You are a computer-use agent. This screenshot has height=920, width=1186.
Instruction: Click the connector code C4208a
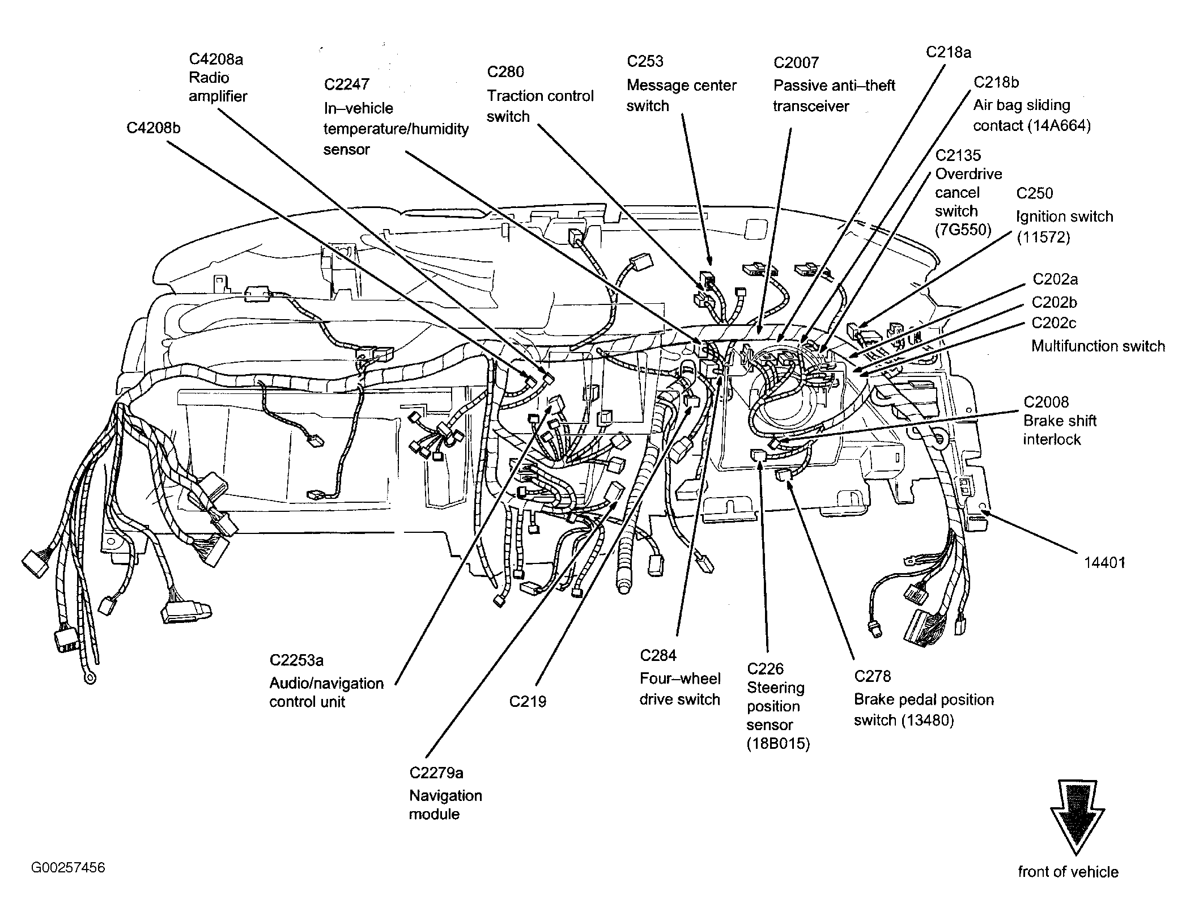point(216,60)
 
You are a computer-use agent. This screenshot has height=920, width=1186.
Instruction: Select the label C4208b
point(153,128)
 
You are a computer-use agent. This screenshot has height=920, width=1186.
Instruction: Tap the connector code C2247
point(346,84)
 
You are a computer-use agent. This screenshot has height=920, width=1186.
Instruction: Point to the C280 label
point(505,72)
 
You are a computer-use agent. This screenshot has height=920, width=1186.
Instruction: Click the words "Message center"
point(681,86)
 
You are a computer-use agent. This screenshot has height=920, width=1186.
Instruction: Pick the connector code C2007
point(796,62)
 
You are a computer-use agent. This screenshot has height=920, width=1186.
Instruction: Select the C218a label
point(949,52)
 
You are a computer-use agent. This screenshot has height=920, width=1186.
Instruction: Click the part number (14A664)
point(1059,125)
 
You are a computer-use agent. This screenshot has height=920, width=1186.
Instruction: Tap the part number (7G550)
point(963,230)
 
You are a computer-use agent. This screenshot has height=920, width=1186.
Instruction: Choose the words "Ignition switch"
point(1064,217)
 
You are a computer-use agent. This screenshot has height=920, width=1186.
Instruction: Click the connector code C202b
point(1055,302)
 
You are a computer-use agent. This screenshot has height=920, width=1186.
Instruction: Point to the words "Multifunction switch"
point(1098,346)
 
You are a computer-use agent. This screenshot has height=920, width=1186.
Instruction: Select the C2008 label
point(1046,402)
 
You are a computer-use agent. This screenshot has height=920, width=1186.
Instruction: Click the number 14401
point(1104,562)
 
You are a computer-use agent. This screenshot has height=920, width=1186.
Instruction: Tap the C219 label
point(528,702)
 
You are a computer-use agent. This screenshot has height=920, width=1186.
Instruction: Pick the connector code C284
point(658,656)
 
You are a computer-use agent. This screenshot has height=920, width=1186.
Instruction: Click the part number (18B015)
point(778,744)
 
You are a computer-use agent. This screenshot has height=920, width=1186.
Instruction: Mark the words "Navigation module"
point(445,805)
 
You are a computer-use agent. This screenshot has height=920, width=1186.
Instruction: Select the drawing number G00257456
point(69,868)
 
